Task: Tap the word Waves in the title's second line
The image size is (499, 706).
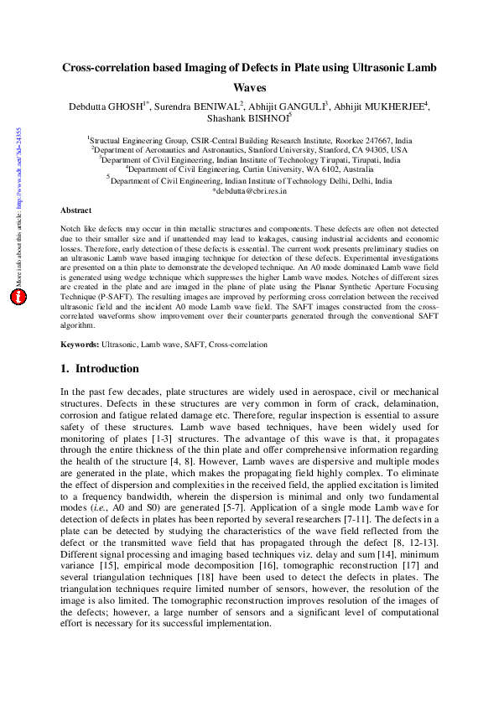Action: click(x=249, y=86)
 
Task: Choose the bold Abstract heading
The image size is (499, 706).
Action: click(x=76, y=210)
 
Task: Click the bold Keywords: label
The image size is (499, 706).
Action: click(x=83, y=345)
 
